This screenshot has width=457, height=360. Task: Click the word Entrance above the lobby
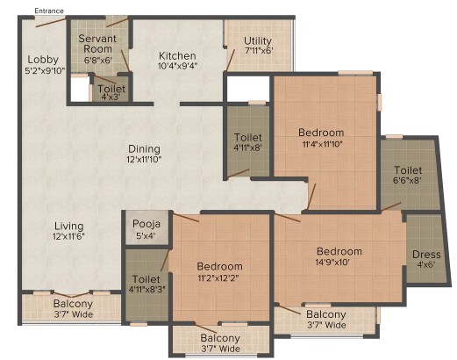click(49, 11)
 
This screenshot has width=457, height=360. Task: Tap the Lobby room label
click(43, 60)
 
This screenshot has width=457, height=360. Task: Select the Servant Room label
click(97, 44)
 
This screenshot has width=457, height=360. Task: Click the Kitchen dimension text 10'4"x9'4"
click(178, 66)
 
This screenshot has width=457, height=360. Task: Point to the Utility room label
click(258, 40)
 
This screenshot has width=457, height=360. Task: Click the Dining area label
click(144, 149)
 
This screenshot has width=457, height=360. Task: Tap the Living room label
click(69, 226)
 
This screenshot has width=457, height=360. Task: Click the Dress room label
click(426, 255)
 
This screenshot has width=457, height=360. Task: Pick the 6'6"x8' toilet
click(410, 175)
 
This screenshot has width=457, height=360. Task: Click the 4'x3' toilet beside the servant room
click(111, 89)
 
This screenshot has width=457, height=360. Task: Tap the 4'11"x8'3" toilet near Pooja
click(146, 285)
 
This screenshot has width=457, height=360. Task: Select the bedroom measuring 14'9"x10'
click(339, 257)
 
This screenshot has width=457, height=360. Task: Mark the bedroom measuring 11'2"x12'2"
click(220, 270)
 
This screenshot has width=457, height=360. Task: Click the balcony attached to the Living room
click(72, 309)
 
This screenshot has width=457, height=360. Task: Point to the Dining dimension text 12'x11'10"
click(144, 160)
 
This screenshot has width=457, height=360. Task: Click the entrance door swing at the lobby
click(50, 23)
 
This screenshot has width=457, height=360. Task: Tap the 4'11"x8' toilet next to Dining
click(248, 141)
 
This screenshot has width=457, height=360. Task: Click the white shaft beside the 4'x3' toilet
click(80, 90)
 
